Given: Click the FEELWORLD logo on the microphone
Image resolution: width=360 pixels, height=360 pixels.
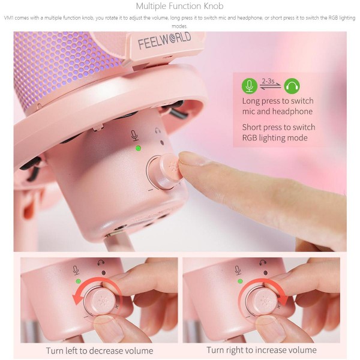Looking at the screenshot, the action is (x=164, y=40).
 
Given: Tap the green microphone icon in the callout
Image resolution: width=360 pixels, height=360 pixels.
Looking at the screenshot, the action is (x=250, y=86).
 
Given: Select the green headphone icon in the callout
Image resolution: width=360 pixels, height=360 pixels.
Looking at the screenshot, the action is (x=292, y=86).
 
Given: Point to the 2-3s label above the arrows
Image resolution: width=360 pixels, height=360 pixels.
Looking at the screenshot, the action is (x=268, y=81).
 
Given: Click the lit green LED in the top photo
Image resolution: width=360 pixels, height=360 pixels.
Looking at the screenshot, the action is (x=138, y=148).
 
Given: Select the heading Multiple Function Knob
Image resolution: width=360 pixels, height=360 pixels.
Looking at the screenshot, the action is (x=179, y=6).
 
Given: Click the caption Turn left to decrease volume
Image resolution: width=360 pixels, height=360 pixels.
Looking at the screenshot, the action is (x=100, y=350).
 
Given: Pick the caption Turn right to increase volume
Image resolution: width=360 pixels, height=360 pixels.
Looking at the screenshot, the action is (x=262, y=350).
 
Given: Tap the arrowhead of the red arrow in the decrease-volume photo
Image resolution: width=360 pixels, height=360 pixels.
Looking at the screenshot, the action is (x=76, y=298).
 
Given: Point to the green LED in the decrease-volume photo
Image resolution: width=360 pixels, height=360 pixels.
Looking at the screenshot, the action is (x=78, y=281).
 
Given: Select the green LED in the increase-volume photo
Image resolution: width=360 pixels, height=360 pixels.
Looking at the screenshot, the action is (x=241, y=281).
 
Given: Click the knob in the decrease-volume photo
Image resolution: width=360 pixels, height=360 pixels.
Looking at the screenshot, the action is (x=102, y=301).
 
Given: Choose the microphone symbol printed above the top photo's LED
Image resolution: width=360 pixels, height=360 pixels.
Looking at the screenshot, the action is (x=134, y=136).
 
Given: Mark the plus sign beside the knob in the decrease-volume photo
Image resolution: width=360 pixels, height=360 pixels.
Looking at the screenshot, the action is (x=116, y=307).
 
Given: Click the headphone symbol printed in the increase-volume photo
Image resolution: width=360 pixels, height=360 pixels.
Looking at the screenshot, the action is (x=262, y=263).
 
